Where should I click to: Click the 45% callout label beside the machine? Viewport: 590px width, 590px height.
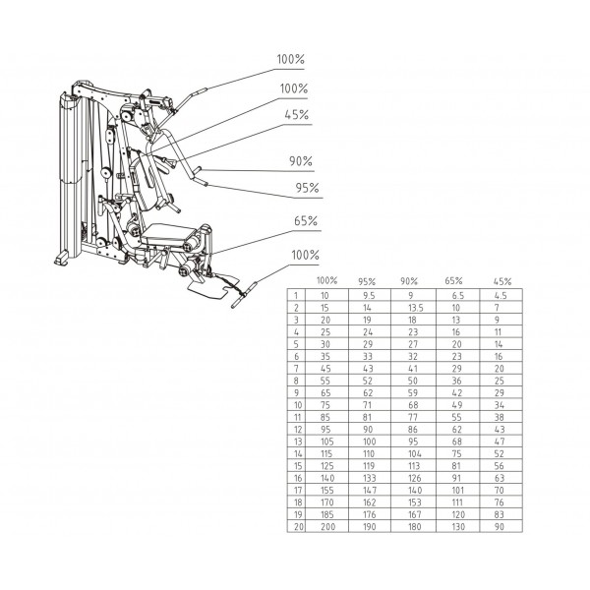pyautogui.click(x=297, y=115)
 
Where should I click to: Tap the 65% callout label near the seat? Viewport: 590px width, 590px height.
pyautogui.click(x=306, y=221)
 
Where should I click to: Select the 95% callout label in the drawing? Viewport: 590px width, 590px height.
pyautogui.click(x=307, y=188)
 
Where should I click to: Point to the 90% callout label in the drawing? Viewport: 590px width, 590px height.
pyautogui.click(x=301, y=161)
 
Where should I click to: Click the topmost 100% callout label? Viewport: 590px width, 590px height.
pyautogui.click(x=290, y=59)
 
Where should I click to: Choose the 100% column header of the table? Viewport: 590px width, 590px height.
pyautogui.click(x=326, y=280)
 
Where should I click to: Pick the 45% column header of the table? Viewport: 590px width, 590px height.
pyautogui.click(x=502, y=281)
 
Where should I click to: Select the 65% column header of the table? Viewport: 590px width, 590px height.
pyautogui.click(x=453, y=280)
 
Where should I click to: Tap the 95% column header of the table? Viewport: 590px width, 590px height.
pyautogui.click(x=367, y=281)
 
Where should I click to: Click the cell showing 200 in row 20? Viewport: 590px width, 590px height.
pyautogui.click(x=327, y=526)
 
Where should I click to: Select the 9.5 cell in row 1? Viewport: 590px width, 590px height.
pyautogui.click(x=369, y=296)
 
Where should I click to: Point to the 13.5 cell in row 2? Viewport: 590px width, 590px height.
pyautogui.click(x=415, y=308)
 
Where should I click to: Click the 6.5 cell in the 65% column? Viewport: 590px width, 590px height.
pyautogui.click(x=458, y=296)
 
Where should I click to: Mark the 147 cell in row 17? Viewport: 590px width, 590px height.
pyautogui.click(x=369, y=490)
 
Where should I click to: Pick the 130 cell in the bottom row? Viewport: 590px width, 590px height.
pyautogui.click(x=458, y=526)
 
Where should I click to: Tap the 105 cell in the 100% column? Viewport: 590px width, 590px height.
pyautogui.click(x=327, y=442)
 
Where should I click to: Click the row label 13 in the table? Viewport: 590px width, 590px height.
pyautogui.click(x=298, y=442)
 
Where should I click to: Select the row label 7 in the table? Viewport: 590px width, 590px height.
pyautogui.click(x=297, y=369)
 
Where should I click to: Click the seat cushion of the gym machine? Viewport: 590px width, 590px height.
pyautogui.click(x=168, y=233)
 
